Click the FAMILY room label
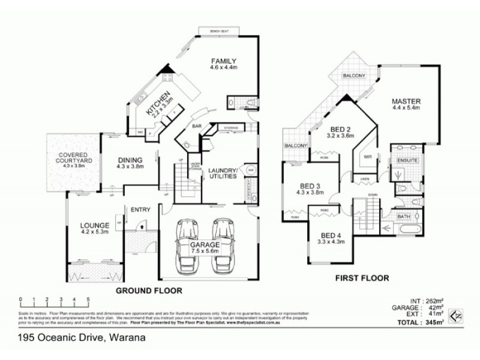point(225,61)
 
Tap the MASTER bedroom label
point(406,100)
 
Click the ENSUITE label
point(403,160)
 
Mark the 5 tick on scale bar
point(88,298)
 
